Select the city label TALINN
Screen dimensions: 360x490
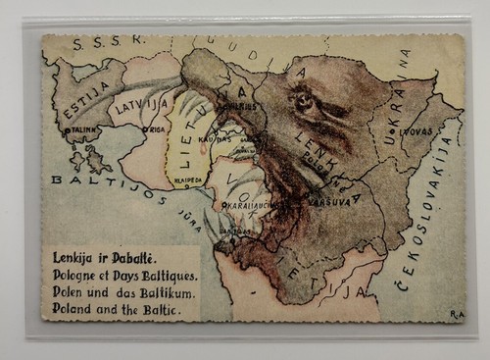pyautogui.click(x=81, y=129)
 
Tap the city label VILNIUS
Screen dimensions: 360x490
pyautogui.click(x=243, y=106)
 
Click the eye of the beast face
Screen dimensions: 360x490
pyautogui.click(x=303, y=100)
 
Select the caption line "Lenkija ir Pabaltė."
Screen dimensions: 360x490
pyautogui.click(x=100, y=257)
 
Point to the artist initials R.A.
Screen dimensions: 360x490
pyautogui.click(x=457, y=315)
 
